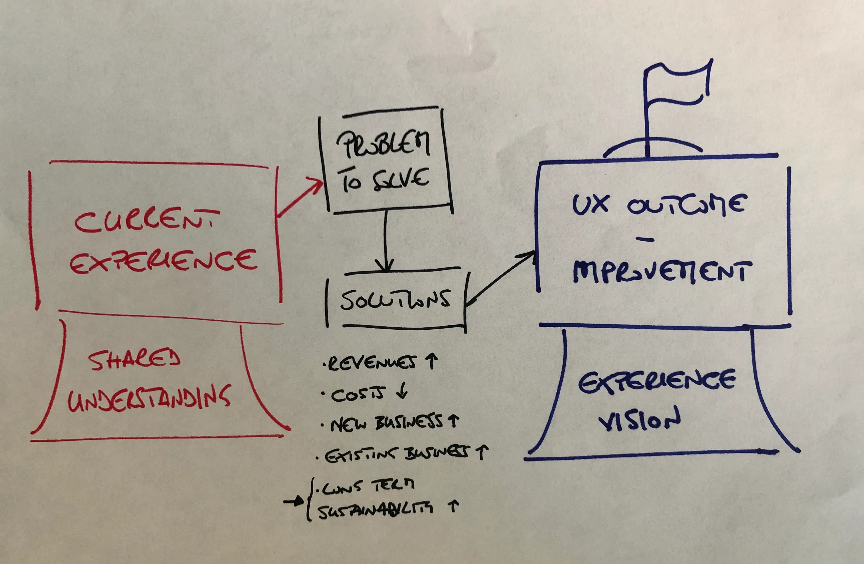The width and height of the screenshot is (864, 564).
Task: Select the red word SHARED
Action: (x=134, y=359)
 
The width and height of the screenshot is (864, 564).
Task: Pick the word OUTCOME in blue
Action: (x=686, y=205)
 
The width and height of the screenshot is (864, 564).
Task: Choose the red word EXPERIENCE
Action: (x=163, y=261)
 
